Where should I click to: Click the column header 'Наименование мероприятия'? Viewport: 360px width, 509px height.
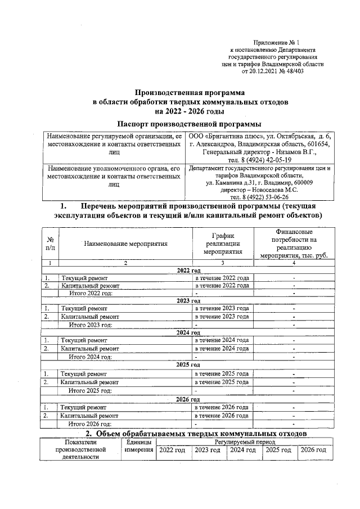[126, 244]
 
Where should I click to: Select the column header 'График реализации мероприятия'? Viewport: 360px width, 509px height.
[223, 244]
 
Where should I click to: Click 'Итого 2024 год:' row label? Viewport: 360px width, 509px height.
[90, 355]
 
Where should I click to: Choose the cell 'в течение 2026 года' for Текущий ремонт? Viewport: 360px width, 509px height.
[222, 407]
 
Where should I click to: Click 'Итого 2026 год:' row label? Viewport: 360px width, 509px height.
[90, 424]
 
